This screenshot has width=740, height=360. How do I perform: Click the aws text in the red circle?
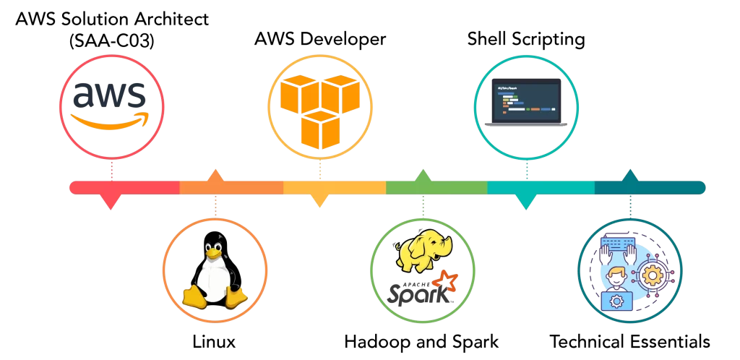(x=111, y=96)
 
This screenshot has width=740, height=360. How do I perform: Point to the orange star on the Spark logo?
(x=449, y=279)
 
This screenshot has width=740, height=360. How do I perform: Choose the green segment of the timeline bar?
(x=436, y=188)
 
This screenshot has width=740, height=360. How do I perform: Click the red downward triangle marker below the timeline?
(x=110, y=202)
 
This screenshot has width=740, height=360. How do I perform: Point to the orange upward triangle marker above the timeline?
(x=215, y=175)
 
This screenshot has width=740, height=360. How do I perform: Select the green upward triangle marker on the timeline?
(x=423, y=175)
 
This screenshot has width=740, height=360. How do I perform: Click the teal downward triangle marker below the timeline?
(x=527, y=202)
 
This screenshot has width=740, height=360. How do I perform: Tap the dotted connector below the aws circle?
(x=111, y=171)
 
